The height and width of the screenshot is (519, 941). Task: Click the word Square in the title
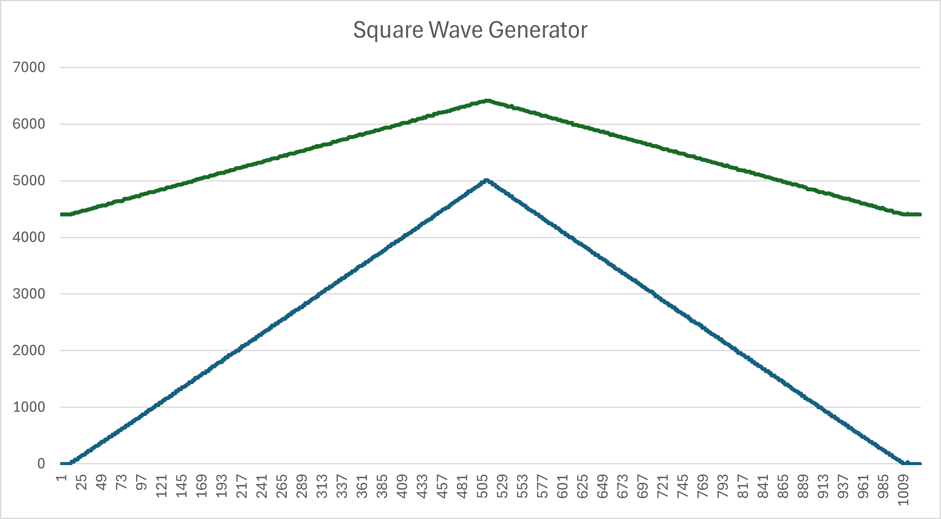tap(387, 30)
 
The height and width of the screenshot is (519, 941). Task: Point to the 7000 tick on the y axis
tap(29, 67)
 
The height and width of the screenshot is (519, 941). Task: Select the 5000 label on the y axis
tap(29, 181)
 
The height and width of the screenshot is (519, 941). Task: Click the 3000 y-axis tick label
tap(29, 294)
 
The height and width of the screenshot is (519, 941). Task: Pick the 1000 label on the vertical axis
tap(29, 407)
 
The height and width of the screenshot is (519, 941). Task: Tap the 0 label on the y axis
tap(41, 464)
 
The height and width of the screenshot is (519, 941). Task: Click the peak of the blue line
tap(486, 181)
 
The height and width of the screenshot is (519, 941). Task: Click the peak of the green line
tap(488, 101)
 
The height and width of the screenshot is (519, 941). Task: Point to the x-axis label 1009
tap(903, 489)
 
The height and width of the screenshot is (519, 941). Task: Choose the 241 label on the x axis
tap(262, 486)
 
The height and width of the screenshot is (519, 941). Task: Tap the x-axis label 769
tap(703, 486)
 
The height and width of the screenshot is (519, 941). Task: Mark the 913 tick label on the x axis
tap(823, 486)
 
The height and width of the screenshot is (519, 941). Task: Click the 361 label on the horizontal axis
tap(362, 486)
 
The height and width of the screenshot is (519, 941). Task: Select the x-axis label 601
tap(563, 486)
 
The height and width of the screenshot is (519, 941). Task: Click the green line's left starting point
tap(62, 214)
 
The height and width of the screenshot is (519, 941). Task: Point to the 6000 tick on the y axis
tap(29, 124)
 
